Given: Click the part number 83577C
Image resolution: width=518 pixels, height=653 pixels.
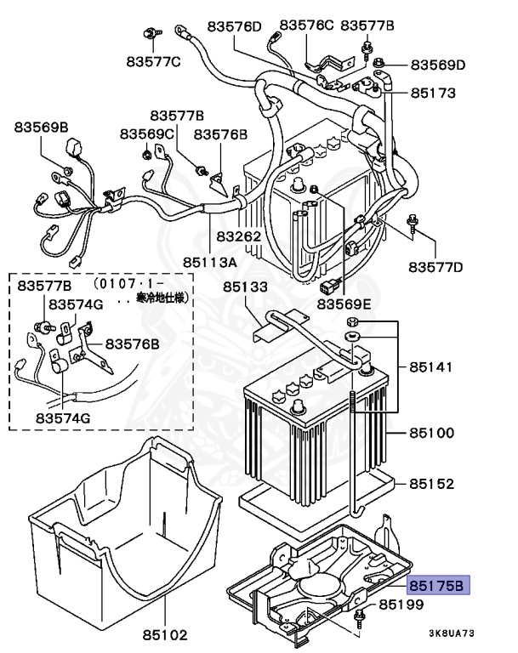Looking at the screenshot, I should pos(154,61).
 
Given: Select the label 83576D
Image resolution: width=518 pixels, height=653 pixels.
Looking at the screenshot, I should pos(234,26).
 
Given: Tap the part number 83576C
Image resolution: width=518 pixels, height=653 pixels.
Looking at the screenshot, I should pos(308,26).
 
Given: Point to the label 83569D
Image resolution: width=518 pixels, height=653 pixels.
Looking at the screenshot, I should pos(439,65).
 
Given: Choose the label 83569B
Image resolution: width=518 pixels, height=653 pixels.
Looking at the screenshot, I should pos(41,128).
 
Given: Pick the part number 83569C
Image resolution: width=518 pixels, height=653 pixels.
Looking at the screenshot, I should pos(146,134).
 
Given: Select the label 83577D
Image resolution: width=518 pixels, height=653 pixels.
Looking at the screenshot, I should pos(436,267).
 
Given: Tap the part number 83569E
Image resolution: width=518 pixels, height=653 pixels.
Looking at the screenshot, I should pos(345,304).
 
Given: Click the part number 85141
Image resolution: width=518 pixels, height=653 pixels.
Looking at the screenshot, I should pos(431,368).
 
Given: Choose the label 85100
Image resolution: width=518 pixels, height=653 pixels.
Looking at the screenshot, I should pos(431,433).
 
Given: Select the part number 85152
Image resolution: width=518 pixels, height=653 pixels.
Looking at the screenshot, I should pos(431,484).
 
